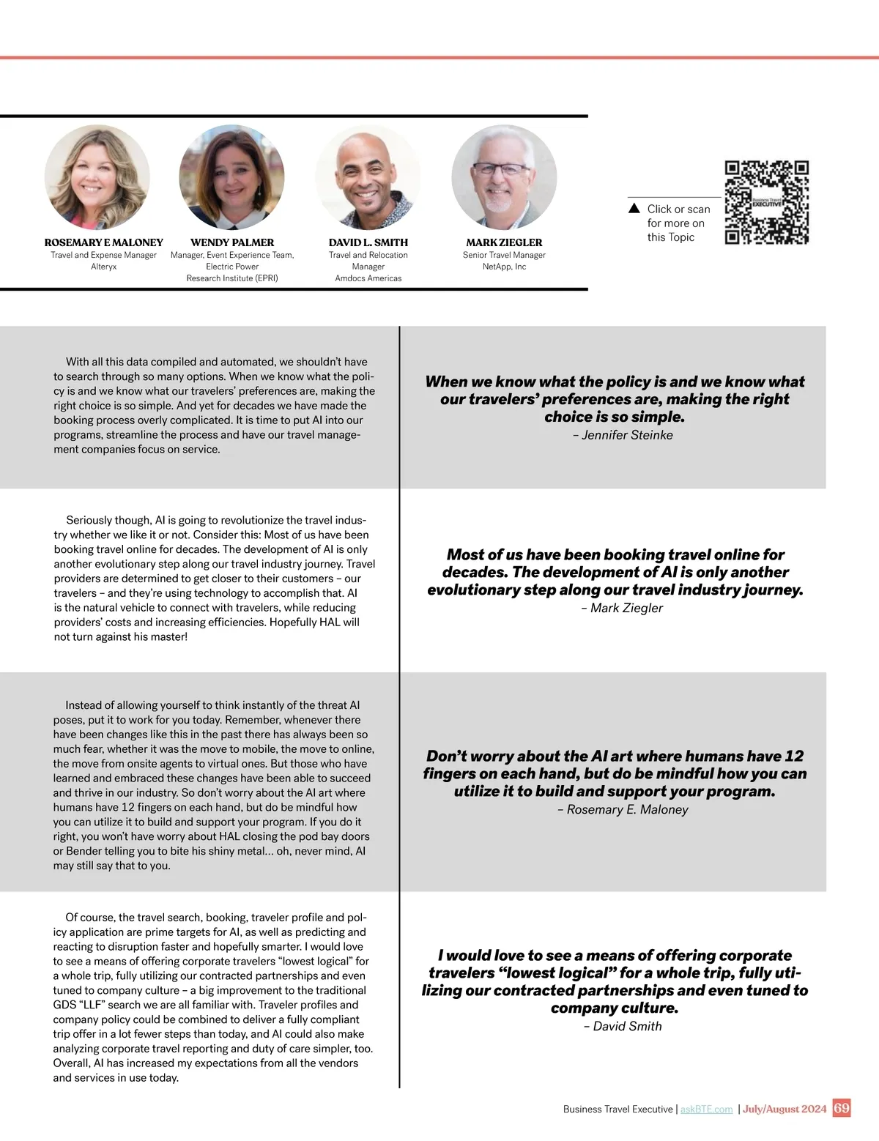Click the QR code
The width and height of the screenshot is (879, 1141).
pyautogui.click(x=766, y=202)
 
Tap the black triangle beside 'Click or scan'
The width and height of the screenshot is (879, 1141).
pyautogui.click(x=634, y=209)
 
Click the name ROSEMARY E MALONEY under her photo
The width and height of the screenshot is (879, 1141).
pyautogui.click(x=103, y=242)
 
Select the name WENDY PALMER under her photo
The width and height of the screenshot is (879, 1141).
pyautogui.click(x=232, y=242)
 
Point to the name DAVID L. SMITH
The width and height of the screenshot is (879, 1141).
pyautogui.click(x=368, y=242)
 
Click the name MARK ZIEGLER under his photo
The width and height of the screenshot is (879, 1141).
pyautogui.click(x=504, y=242)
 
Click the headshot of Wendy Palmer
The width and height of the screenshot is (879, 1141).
pyautogui.click(x=231, y=177)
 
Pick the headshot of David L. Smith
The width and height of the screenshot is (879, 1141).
pyautogui.click(x=368, y=177)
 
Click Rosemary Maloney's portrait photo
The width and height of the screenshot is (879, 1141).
pyautogui.click(x=97, y=177)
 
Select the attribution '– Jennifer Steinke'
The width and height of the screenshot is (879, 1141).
pyautogui.click(x=623, y=435)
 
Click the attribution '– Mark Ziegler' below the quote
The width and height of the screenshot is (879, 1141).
pyautogui.click(x=622, y=608)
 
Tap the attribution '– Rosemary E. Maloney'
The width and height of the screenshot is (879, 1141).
pyautogui.click(x=623, y=809)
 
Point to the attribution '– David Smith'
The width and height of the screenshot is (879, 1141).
pyautogui.click(x=623, y=1026)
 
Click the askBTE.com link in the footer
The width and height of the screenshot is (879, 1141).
pyautogui.click(x=706, y=1110)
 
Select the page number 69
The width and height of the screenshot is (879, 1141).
pyautogui.click(x=842, y=1108)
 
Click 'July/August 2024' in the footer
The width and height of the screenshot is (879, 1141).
pyautogui.click(x=785, y=1110)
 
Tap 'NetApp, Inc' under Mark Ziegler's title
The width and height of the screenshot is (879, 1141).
pyautogui.click(x=504, y=267)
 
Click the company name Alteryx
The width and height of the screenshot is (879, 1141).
pyautogui.click(x=103, y=267)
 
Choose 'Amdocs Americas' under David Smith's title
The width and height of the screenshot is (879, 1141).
pyautogui.click(x=368, y=278)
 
